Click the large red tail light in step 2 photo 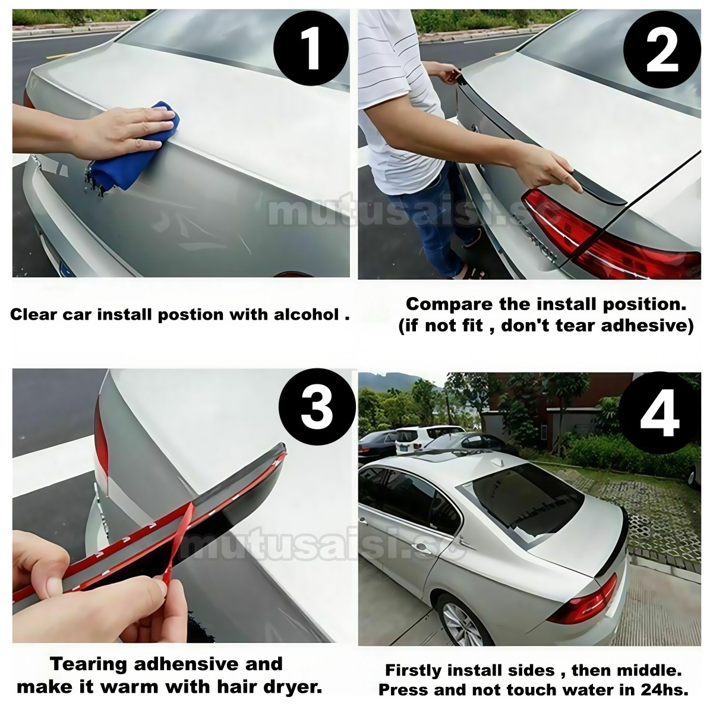pos(607,229)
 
